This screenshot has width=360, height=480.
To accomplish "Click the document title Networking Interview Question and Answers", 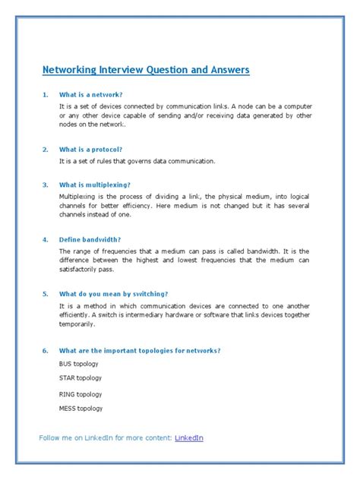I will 145,70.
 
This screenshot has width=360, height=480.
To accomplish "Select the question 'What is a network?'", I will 92,94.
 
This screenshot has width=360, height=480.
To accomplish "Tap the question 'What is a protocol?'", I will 91,149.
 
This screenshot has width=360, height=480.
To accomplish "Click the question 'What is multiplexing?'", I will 95,185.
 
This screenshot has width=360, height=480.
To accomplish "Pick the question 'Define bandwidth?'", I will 90,238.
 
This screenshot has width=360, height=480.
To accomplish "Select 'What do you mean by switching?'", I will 113,293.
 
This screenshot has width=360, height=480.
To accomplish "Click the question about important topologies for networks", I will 140,350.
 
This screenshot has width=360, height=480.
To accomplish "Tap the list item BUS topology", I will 79,364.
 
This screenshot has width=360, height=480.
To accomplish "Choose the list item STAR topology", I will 80,377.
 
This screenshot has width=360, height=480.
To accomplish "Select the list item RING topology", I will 80,394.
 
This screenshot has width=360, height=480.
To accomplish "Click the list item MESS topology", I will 81,409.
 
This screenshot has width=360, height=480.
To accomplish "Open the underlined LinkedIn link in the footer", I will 189,438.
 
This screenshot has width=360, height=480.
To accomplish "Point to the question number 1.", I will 45,94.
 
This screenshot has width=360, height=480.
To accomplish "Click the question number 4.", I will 45,238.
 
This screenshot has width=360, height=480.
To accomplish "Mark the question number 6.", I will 45,350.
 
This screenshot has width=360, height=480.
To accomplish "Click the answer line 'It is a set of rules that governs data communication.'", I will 137,161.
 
